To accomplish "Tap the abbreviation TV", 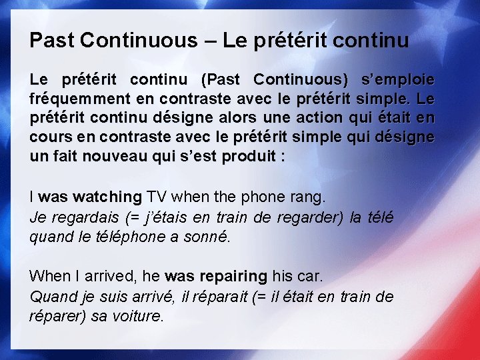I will tap(157, 197).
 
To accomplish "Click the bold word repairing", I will tap(234, 275).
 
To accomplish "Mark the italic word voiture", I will tap(138, 315).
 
